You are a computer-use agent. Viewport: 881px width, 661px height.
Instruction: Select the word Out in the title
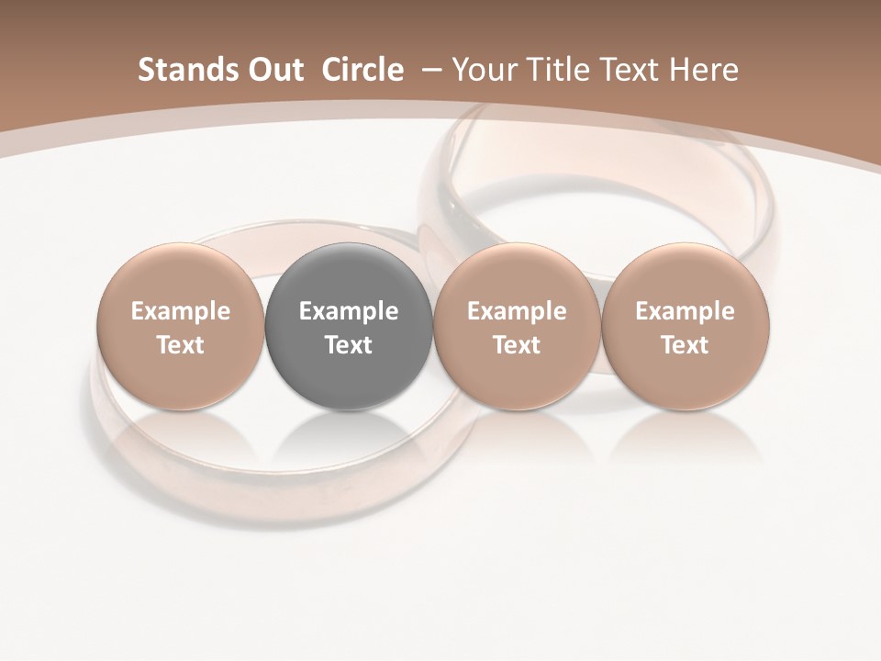273,70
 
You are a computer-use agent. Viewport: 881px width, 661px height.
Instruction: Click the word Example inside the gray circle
349,311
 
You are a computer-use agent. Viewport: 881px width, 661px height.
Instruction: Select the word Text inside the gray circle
349,345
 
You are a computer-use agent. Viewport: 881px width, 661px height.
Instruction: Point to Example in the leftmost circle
181,311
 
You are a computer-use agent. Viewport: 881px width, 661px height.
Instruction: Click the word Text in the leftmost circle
181,345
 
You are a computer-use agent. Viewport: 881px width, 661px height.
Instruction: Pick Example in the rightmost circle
686,311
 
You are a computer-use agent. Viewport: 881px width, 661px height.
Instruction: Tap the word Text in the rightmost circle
686,345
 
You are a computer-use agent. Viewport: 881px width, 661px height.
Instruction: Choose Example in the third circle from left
517,311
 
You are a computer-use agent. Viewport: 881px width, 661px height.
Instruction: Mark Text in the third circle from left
517,345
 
